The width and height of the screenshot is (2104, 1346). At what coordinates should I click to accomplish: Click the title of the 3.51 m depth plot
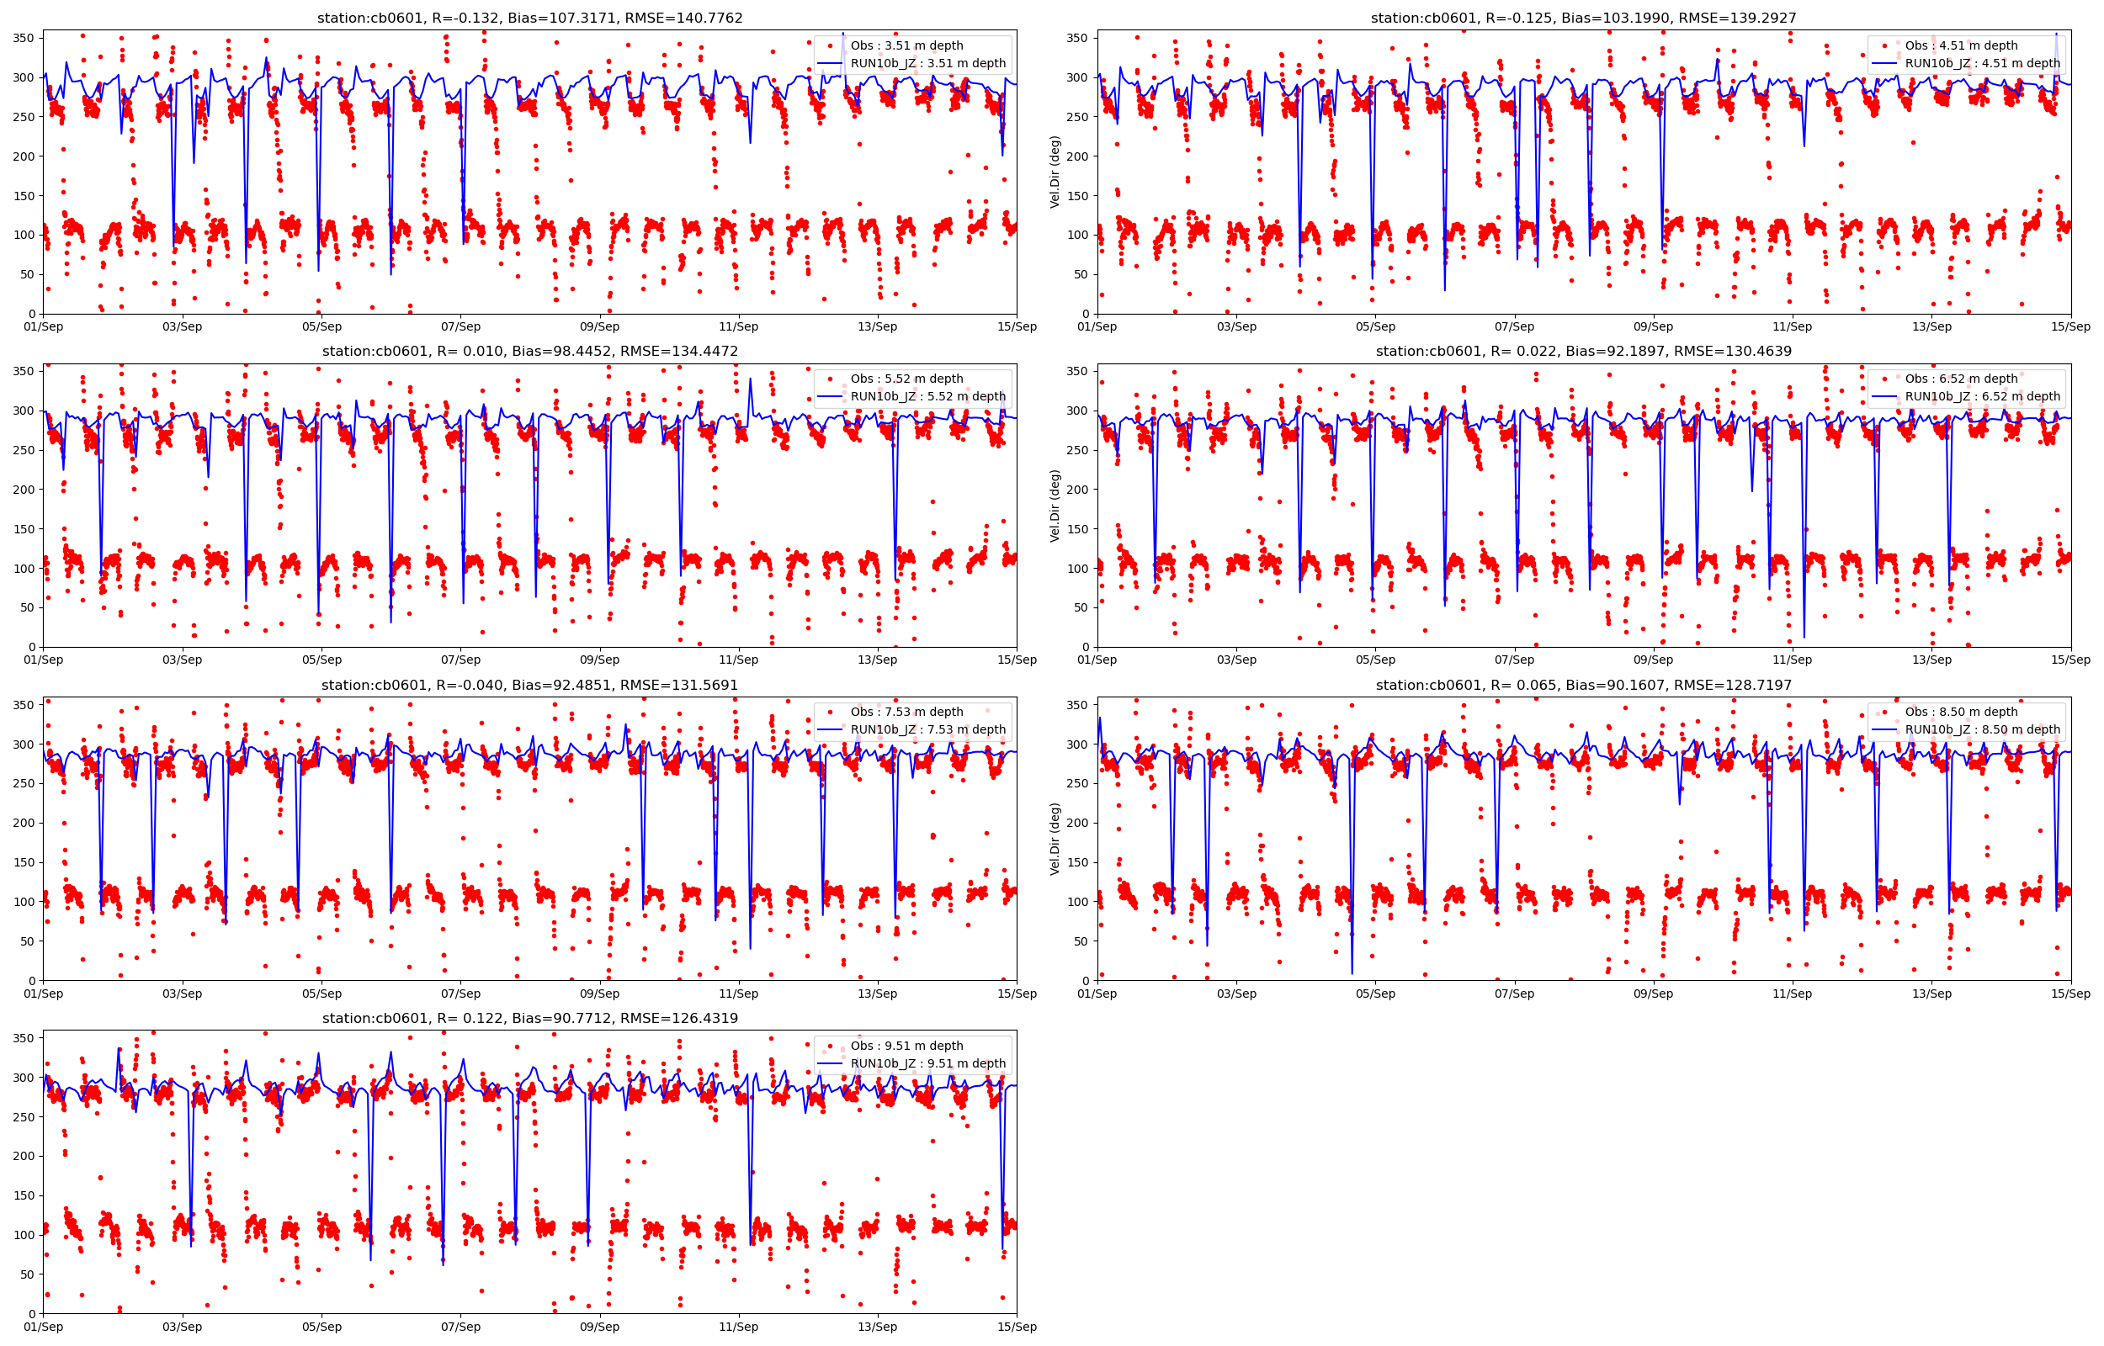[x=529, y=18]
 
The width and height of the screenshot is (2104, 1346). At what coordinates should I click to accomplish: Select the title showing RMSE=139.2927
[x=1583, y=18]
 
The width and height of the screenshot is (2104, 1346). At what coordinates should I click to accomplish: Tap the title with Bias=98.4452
[x=529, y=352]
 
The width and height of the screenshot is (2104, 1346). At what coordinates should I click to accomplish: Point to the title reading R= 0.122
[x=529, y=1018]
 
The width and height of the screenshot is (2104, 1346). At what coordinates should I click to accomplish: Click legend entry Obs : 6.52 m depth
[x=1961, y=379]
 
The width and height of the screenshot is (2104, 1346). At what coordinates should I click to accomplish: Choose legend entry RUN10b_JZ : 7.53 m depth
[x=927, y=730]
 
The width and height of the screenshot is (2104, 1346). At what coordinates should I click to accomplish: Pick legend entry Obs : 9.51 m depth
[x=906, y=1046]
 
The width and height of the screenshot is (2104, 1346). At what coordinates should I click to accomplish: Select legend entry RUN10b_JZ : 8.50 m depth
[x=1982, y=730]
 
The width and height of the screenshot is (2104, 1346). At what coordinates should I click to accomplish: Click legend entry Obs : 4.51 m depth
[x=1961, y=45]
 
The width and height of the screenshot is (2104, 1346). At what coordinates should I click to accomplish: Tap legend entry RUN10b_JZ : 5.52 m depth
[x=927, y=396]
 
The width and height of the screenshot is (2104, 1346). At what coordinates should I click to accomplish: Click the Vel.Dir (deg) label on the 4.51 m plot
[x=1055, y=172]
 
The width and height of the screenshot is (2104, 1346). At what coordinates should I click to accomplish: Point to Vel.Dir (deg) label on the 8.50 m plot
[x=1055, y=838]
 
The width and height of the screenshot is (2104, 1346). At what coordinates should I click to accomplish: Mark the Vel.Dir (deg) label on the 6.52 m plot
[x=1055, y=506]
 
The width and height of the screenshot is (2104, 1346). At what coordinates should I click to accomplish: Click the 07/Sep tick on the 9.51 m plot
[x=460, y=1327]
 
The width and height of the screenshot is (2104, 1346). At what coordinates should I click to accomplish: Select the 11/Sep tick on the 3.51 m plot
[x=739, y=327]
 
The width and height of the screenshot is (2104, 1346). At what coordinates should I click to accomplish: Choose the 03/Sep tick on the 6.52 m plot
[x=1236, y=660]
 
